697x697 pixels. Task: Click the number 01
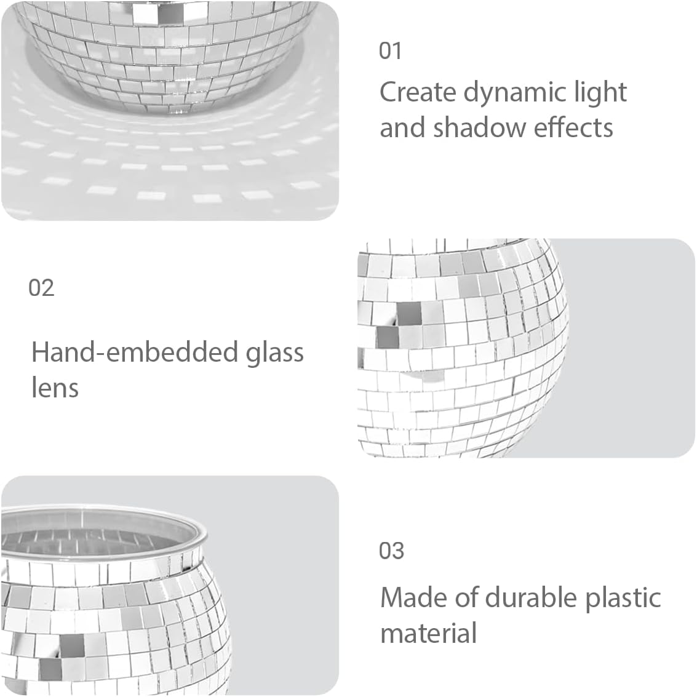point(390,50)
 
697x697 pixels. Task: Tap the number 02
point(41,287)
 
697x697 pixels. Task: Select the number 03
point(391,551)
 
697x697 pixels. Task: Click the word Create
point(418,92)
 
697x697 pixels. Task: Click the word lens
point(55,388)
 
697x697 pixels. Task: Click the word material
point(428,633)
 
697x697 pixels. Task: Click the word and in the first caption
point(402,128)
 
